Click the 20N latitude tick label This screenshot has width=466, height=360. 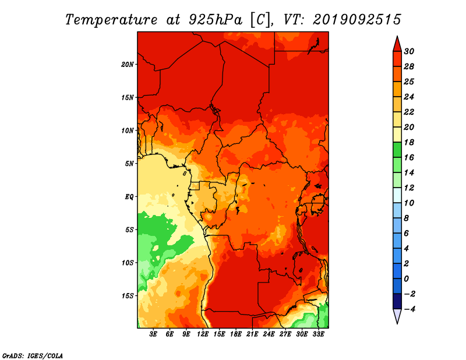click(127, 64)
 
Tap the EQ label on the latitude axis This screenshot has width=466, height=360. click(129, 197)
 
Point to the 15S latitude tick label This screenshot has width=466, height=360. click(128, 296)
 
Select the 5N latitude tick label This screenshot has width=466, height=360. click(129, 164)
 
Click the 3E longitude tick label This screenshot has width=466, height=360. click(153, 334)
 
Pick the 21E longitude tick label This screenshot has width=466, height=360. click(252, 334)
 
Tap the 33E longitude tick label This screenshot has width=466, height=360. click(318, 334)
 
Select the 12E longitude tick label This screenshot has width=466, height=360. click(203, 334)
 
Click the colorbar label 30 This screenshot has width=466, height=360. click(409, 51)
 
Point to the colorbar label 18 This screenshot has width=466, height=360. click(409, 142)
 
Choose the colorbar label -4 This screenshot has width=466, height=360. click(410, 309)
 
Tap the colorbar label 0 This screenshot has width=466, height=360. click(407, 279)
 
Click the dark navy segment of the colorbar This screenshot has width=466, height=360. click(397, 301)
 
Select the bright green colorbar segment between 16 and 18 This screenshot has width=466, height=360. click(397, 150)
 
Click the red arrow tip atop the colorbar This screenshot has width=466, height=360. click(397, 36)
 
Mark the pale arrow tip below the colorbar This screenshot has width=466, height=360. click(397, 324)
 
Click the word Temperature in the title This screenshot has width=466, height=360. click(111, 20)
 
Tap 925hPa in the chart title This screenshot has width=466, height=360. click(216, 20)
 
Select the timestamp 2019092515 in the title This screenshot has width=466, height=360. click(357, 20)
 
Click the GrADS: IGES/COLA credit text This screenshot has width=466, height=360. click(33, 356)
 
